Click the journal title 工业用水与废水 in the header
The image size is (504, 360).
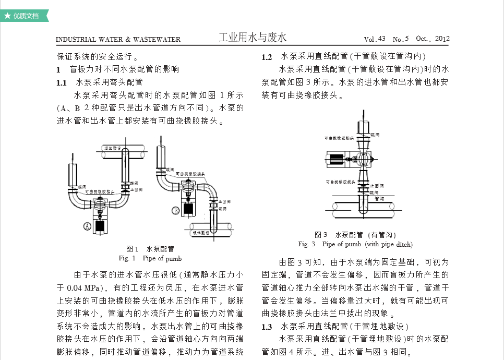pyautogui.click(x=253, y=38)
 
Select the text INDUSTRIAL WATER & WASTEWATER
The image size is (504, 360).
pyautogui.click(x=118, y=39)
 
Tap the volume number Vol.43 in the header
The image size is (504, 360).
pyautogui.click(x=375, y=39)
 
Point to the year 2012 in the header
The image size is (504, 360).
pyautogui.click(x=442, y=39)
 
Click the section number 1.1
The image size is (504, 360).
pyautogui.click(x=62, y=82)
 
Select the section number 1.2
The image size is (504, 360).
pyautogui.click(x=267, y=57)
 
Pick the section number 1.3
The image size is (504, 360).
pyautogui.click(x=267, y=327)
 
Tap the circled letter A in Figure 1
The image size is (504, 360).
pyautogui.click(x=87, y=226)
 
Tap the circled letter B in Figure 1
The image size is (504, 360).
pyautogui.click(x=176, y=211)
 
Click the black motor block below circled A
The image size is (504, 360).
pyautogui.click(x=98, y=227)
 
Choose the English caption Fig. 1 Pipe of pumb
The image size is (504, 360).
pyautogui.click(x=150, y=258)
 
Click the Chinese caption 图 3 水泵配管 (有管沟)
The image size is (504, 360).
pyautogui.click(x=355, y=235)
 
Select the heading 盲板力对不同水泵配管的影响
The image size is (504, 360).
pyautogui.click(x=124, y=69)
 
